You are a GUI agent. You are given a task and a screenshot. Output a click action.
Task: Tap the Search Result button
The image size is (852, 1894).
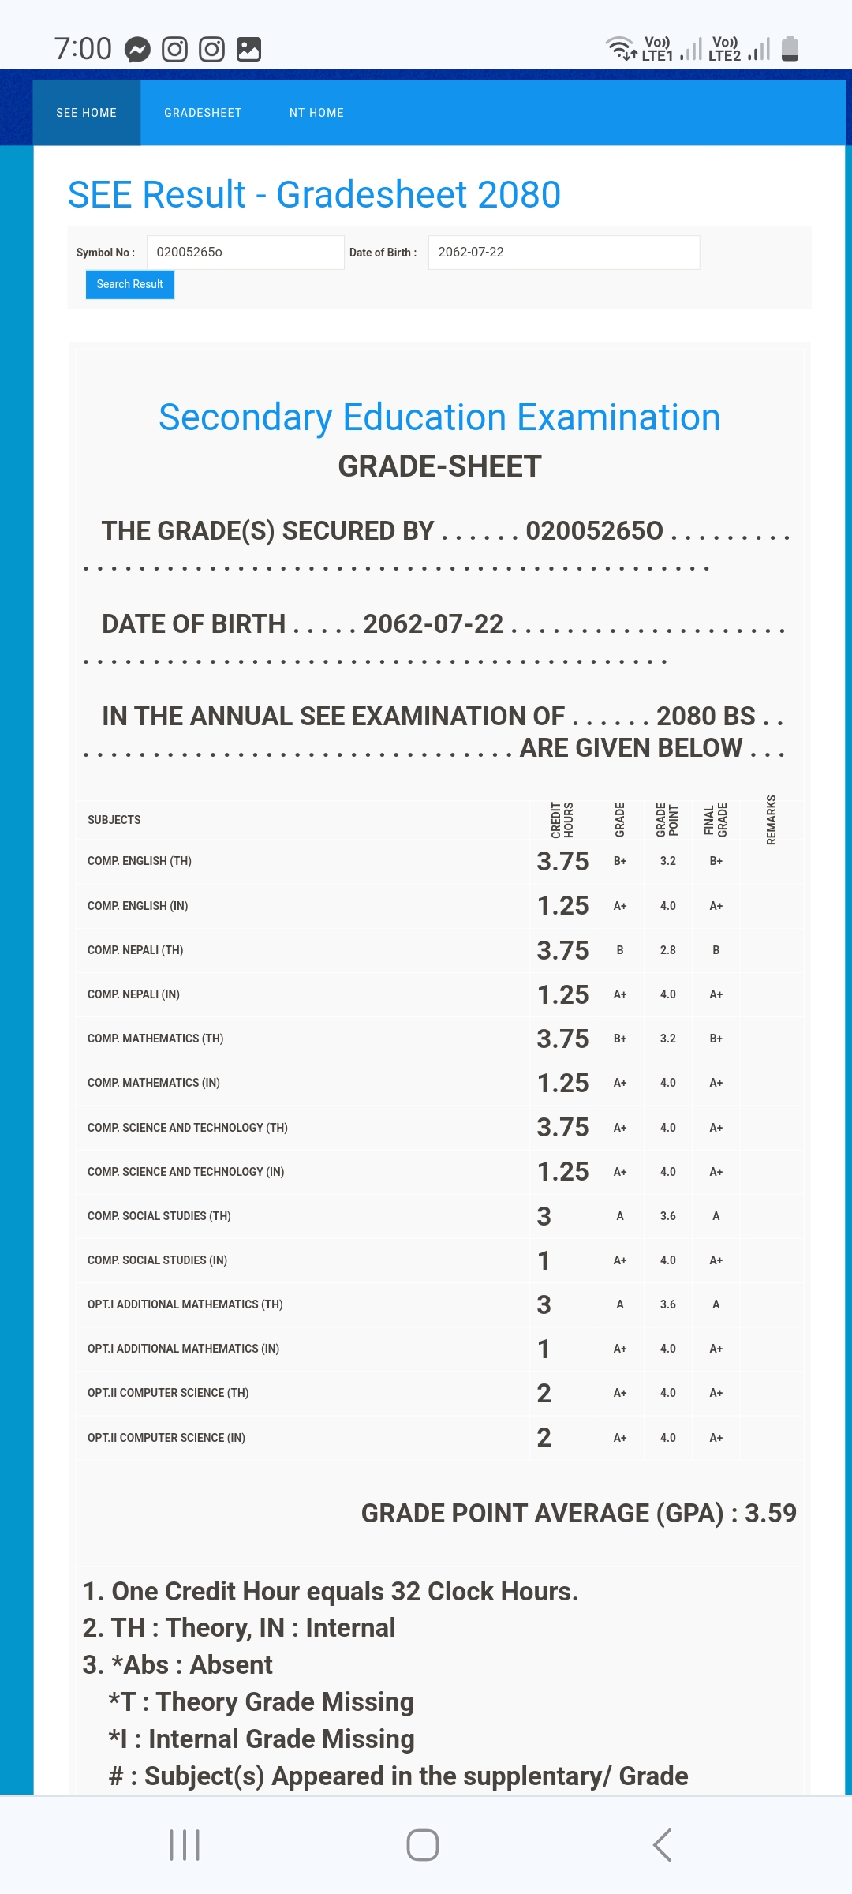coord(129,284)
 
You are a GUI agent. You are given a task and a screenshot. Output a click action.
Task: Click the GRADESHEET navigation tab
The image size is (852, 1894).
coord(203,113)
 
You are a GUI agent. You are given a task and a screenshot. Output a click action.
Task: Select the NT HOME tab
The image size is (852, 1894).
coord(316,113)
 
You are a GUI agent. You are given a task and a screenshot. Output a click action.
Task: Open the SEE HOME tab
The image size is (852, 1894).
coord(87,113)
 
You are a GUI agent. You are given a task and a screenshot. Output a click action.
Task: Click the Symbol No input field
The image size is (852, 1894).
coord(245,253)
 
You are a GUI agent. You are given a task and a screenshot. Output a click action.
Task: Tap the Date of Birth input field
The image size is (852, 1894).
coord(563,253)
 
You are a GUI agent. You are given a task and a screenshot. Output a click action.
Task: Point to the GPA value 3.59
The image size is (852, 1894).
coord(771,1513)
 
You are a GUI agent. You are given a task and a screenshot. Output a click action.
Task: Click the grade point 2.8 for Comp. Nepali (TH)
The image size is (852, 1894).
coord(667,950)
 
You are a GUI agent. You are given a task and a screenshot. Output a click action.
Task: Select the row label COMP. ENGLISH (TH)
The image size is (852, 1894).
coord(140,861)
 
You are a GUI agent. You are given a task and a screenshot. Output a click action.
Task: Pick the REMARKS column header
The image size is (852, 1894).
coord(772,820)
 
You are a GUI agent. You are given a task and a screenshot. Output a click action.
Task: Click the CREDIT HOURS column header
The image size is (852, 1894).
coord(562,820)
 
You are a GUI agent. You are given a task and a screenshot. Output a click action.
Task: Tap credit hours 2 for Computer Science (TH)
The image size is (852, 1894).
coord(544,1393)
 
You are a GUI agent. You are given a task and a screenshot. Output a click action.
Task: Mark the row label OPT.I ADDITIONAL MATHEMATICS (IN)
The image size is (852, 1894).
coord(183,1349)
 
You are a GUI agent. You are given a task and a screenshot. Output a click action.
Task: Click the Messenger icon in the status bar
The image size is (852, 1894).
coord(137,50)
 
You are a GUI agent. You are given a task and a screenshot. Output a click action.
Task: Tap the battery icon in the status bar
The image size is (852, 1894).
coord(790,48)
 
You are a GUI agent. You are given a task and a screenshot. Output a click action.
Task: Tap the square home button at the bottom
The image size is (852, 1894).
coord(423,1845)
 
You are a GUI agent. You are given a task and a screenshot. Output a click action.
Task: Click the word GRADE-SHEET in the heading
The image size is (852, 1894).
coord(439,466)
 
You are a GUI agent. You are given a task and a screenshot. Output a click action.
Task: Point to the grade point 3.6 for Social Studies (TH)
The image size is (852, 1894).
coord(667,1216)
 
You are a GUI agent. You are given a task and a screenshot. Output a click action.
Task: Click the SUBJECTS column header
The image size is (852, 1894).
coord(114,820)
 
